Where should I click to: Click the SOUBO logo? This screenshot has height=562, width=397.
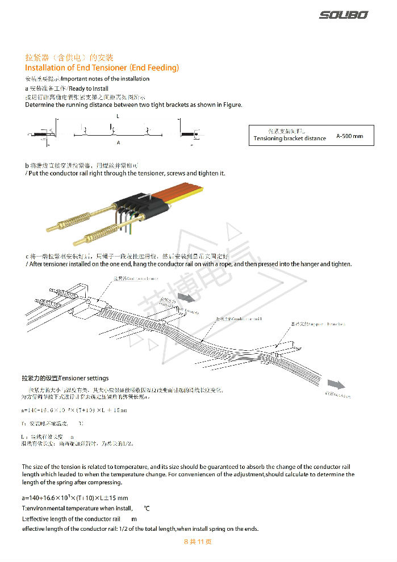(343, 15)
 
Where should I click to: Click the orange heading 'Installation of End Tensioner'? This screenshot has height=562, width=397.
(102, 68)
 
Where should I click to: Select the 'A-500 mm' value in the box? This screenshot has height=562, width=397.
(349, 136)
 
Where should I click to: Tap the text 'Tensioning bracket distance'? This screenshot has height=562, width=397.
(290, 139)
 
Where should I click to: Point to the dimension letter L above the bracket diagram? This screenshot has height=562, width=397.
(118, 116)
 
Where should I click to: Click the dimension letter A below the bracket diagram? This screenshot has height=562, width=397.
(118, 143)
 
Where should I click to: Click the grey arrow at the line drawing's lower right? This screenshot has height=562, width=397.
(336, 384)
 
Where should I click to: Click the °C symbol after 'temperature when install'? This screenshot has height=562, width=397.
(147, 509)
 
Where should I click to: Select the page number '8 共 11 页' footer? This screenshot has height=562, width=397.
(198, 542)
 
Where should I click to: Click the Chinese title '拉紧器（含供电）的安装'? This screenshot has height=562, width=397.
(69, 58)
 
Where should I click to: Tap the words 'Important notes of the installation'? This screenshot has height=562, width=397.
(105, 79)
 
